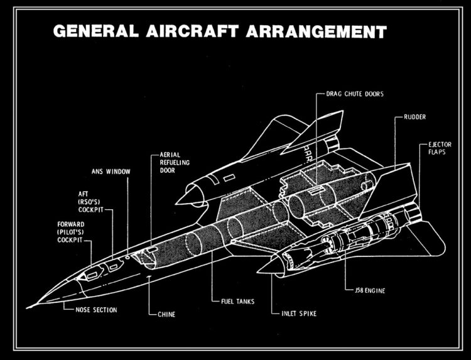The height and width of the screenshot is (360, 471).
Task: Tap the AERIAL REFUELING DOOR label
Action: pyautogui.click(x=175, y=161)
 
